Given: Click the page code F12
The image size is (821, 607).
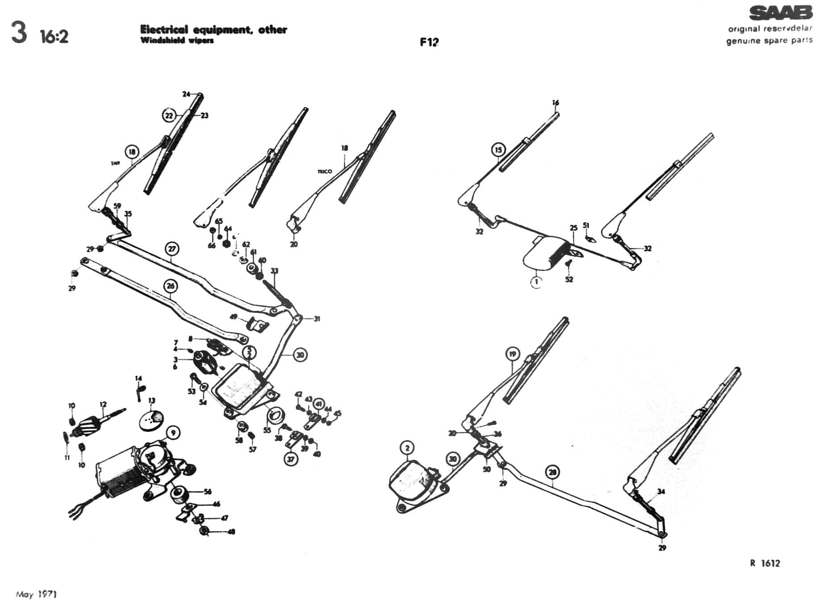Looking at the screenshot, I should (429, 42).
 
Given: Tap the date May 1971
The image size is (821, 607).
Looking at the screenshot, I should (36, 595).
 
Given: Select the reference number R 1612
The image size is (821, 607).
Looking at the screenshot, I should (765, 563).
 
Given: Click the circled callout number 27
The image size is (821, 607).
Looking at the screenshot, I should (172, 249).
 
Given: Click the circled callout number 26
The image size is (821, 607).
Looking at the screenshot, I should (171, 286).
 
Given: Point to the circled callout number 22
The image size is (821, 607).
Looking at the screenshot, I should (169, 116).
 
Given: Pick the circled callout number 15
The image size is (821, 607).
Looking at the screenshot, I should (498, 150).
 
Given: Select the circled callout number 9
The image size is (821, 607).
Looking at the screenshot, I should (173, 432).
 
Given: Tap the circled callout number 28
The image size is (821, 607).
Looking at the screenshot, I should (552, 472).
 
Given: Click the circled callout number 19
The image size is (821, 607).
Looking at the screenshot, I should (513, 354).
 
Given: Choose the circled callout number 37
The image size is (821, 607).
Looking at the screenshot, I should (291, 459).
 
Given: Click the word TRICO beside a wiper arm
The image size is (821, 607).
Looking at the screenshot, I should (324, 171).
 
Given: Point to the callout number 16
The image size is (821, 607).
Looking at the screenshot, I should (556, 103).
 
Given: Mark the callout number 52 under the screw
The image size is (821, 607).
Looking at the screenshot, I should (569, 279).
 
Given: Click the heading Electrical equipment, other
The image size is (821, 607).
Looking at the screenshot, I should (213, 30).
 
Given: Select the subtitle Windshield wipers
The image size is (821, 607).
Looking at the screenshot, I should (177, 41).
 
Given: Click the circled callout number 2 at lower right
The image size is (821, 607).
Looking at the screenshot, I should (407, 448).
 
